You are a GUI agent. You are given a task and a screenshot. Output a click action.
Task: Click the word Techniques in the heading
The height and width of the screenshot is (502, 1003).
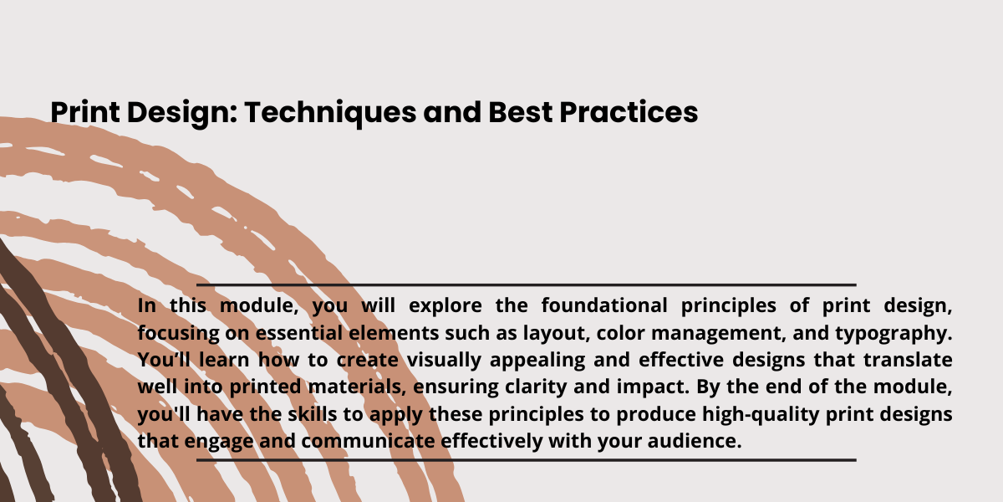click(330, 112)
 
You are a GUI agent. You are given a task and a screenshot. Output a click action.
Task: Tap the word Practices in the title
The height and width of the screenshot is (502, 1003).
click(629, 111)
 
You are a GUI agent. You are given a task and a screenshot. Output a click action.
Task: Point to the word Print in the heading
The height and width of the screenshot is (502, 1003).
click(85, 111)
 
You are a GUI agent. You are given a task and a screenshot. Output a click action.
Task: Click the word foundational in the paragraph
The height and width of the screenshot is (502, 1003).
click(604, 305)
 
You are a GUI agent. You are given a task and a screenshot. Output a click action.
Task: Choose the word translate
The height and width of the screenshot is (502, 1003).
click(908, 360)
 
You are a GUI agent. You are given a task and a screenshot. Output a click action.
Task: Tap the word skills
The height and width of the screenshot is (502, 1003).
click(312, 414)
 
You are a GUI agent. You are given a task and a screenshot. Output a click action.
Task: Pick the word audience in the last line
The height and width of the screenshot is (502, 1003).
click(695, 441)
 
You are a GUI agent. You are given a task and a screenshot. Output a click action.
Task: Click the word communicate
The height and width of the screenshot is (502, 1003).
click(368, 441)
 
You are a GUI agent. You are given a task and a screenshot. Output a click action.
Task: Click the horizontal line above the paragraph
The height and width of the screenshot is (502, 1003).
click(526, 284)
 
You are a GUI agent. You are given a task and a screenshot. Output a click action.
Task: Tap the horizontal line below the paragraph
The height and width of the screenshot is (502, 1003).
click(526, 460)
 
